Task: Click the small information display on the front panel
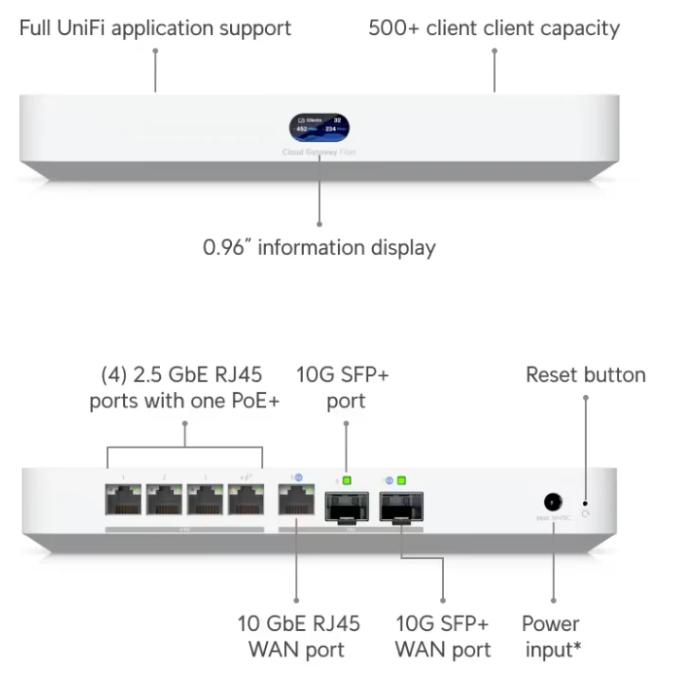point(318,126)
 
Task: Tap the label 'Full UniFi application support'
point(155,27)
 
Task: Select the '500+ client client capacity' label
point(494,27)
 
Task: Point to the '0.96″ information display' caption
point(319,248)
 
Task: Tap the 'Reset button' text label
point(585,375)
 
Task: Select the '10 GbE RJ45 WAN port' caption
point(297,637)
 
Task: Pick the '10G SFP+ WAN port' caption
point(443,637)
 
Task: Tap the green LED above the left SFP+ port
point(346,480)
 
